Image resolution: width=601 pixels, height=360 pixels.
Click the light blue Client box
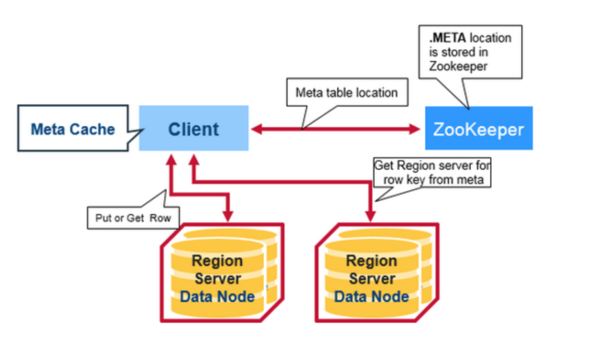(x=193, y=129)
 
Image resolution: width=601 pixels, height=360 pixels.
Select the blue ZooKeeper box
(x=479, y=129)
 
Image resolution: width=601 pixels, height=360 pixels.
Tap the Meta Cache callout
(x=72, y=130)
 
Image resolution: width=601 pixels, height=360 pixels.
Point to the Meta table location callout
(x=346, y=92)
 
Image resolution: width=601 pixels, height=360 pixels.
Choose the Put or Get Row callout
(x=133, y=218)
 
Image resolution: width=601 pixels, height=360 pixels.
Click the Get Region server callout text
(x=431, y=172)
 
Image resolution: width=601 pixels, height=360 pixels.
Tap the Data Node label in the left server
(x=217, y=296)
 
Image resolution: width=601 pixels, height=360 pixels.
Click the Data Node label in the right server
(x=371, y=296)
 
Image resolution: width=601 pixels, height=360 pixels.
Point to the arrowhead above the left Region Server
(x=228, y=215)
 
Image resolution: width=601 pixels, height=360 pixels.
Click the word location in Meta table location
(x=375, y=92)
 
